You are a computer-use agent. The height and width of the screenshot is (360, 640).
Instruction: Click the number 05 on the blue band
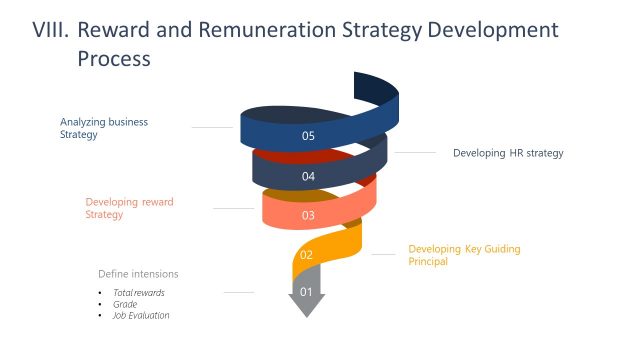coord(308,135)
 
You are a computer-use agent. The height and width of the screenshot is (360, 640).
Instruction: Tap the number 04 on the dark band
coord(308,176)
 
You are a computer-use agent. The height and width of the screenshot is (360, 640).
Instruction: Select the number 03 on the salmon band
coord(308,214)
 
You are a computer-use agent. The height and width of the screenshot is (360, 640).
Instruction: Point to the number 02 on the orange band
coord(307,255)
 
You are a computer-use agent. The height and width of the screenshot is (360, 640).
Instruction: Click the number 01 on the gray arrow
coord(307,292)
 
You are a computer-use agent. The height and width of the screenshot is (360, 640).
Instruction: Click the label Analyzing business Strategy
coord(103,128)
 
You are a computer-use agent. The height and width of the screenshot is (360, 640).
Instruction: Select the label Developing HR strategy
coord(508,153)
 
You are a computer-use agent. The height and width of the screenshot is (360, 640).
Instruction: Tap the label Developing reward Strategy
coord(129,208)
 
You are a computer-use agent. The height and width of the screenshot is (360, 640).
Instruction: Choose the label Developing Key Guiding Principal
coord(464,254)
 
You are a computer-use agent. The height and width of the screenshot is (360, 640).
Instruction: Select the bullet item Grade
coord(125,303)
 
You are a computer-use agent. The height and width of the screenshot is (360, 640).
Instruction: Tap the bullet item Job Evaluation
coord(141,315)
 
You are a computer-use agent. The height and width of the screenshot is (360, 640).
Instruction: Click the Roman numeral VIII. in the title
coord(48,30)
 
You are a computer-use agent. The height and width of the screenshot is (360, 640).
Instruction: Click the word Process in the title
coord(113,59)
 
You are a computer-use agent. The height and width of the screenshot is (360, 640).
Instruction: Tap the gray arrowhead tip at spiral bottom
coord(307,313)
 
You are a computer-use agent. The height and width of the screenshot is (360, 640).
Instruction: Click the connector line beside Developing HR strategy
coord(416,153)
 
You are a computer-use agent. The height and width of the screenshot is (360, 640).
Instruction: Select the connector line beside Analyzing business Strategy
coord(211,127)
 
